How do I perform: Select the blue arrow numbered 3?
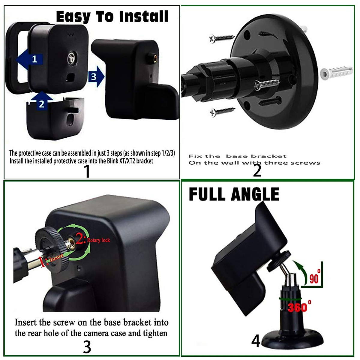(96, 77)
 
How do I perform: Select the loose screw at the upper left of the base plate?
(222, 38)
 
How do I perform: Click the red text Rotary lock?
(98, 240)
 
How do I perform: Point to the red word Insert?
(56, 257)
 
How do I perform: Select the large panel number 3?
(87, 347)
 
